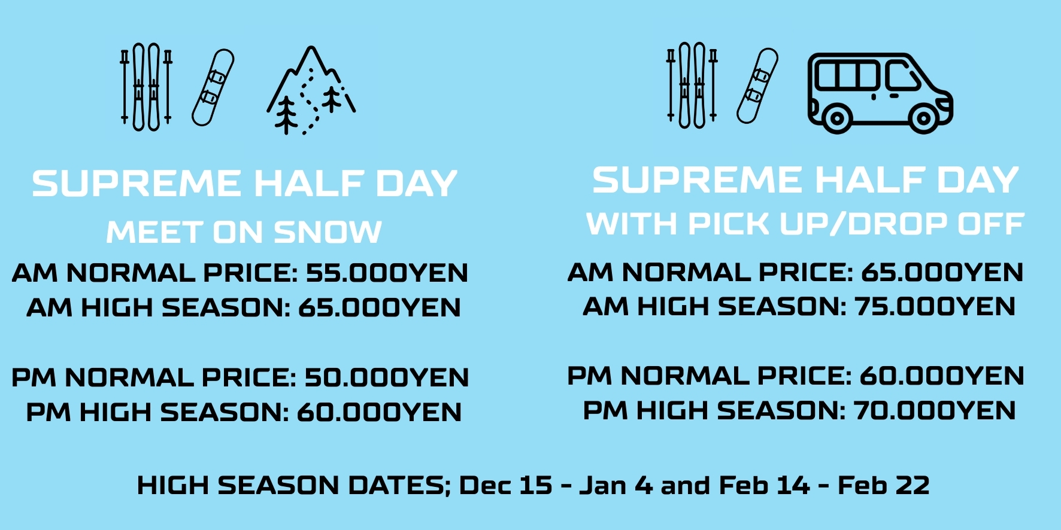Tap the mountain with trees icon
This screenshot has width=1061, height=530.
[x=311, y=90]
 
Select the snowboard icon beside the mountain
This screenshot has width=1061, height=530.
[x=213, y=88]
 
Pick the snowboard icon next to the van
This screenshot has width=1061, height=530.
[x=757, y=86]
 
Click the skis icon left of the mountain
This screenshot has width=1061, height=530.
[x=147, y=87]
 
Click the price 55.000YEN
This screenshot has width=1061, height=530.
[x=387, y=273]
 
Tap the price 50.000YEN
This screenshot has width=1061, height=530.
[x=387, y=377]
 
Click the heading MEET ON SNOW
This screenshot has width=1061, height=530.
[x=244, y=232]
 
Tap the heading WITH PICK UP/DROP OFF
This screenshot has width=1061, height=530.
[x=805, y=224]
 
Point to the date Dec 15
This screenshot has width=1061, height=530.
[x=505, y=485]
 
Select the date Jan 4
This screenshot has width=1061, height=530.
[x=616, y=485]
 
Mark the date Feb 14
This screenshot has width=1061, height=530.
[x=765, y=485]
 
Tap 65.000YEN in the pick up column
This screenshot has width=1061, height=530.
[x=942, y=272]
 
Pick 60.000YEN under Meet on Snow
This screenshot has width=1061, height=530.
[x=380, y=412]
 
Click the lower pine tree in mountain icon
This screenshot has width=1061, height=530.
[x=286, y=115]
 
